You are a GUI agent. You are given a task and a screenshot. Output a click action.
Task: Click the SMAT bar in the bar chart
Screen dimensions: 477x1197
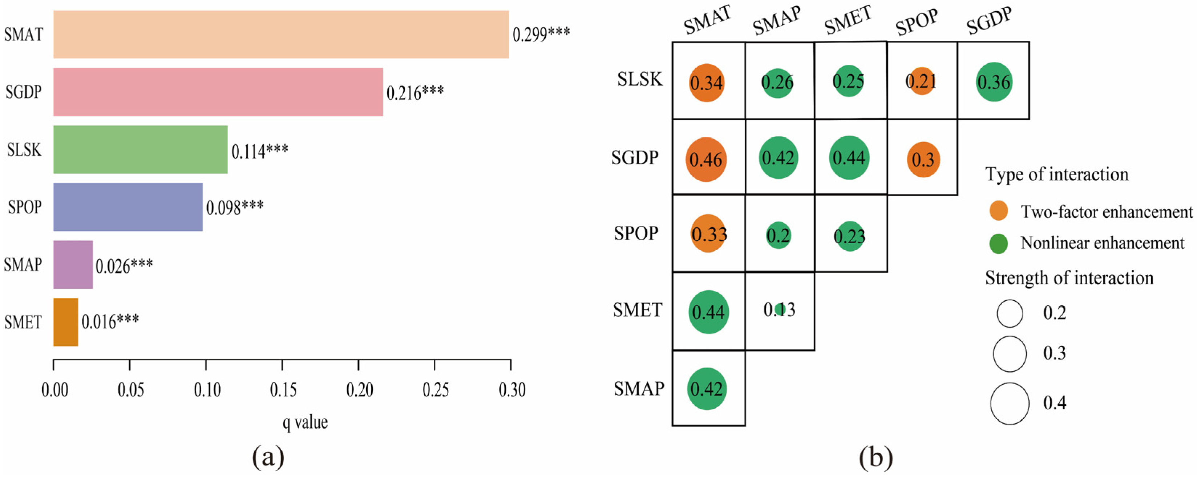click(x=281, y=35)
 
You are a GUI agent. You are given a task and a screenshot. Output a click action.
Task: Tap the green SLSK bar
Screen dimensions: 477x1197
click(x=140, y=149)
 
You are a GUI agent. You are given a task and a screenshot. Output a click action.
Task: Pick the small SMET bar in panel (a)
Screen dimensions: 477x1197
click(x=65, y=322)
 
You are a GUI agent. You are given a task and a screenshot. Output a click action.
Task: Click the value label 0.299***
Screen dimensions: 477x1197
click(x=541, y=35)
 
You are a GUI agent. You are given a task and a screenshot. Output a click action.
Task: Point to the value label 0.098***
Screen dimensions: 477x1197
click(x=235, y=207)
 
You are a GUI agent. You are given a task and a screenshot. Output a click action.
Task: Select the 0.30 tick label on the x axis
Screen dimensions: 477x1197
click(x=511, y=390)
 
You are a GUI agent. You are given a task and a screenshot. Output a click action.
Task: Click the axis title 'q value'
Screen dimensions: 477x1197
click(x=305, y=422)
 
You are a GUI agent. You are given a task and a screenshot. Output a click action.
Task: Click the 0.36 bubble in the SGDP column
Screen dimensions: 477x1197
click(x=994, y=82)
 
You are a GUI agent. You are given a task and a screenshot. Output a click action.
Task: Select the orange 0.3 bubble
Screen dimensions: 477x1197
click(x=923, y=160)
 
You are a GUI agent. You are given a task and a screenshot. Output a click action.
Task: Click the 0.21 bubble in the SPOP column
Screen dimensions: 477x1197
click(x=922, y=81)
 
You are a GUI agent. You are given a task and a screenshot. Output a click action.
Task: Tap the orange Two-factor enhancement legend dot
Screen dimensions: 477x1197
click(x=999, y=211)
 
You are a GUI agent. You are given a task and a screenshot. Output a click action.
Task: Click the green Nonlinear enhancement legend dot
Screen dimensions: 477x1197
click(x=999, y=243)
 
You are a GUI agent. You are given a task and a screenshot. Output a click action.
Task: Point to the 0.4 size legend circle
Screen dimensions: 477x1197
click(x=1009, y=403)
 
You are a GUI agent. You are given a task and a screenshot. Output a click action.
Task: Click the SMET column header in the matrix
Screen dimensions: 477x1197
click(x=848, y=21)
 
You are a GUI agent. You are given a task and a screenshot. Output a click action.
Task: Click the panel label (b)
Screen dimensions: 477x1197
click(x=875, y=458)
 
